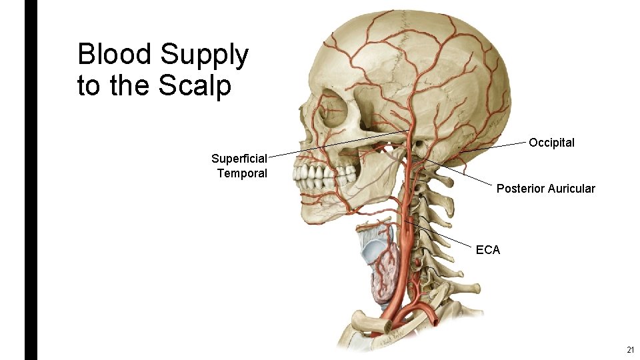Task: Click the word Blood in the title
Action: tap(114, 55)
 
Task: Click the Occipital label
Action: tap(551, 143)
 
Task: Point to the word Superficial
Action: tap(239, 159)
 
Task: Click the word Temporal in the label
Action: tap(241, 173)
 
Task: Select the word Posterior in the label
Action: tap(520, 189)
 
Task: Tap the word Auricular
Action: tap(571, 189)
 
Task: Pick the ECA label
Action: tap(487, 250)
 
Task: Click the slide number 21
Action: tap(630, 351)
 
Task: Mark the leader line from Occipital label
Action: tap(493, 147)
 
